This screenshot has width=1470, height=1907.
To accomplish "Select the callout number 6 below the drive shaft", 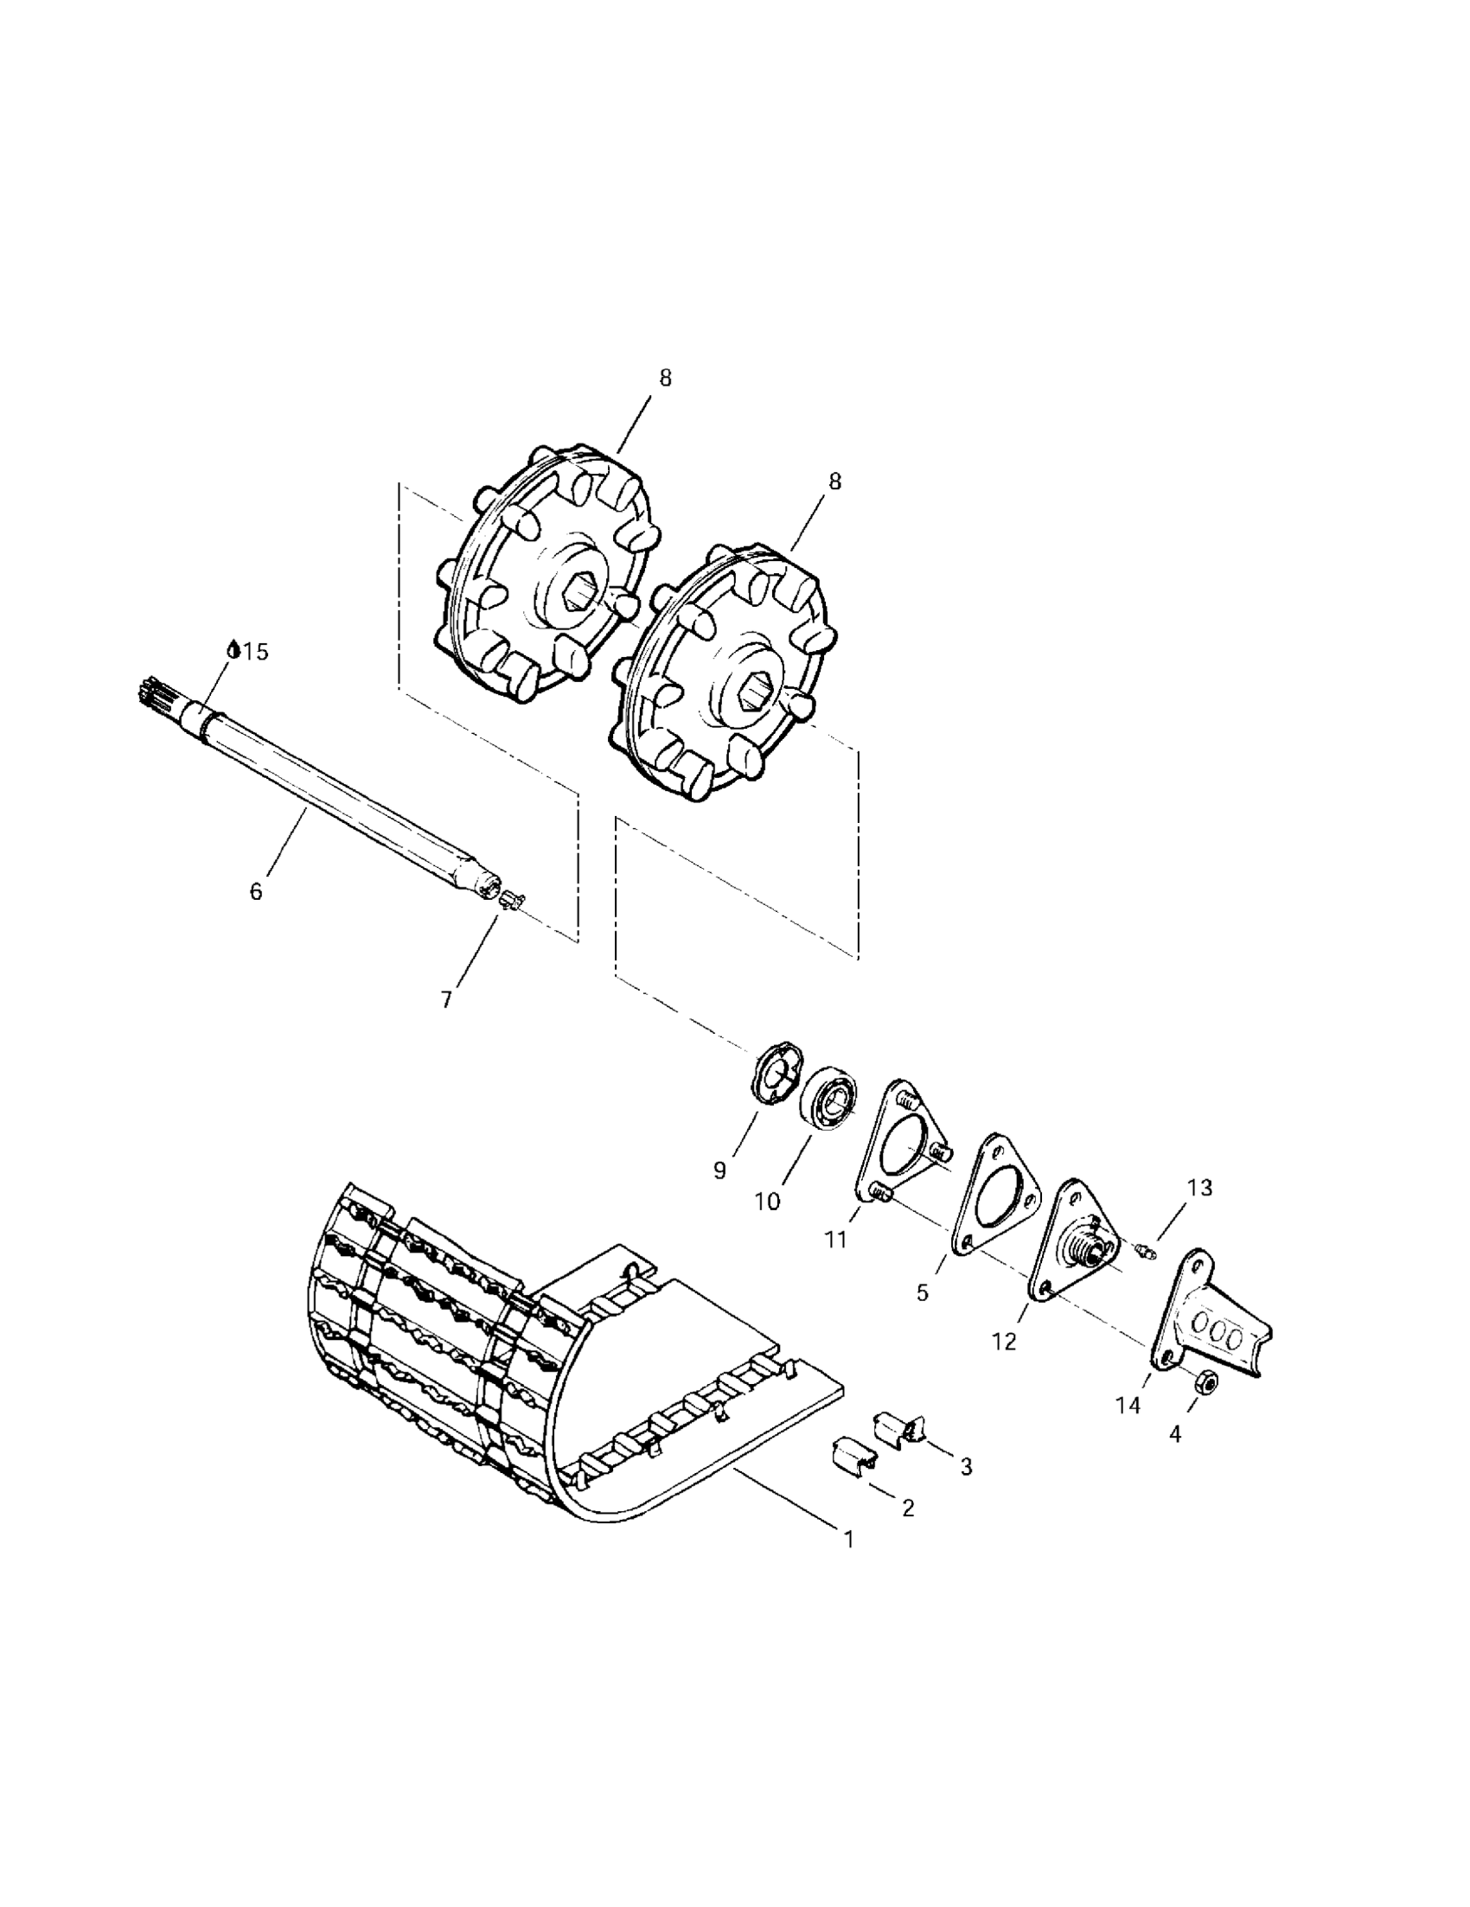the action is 256,891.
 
